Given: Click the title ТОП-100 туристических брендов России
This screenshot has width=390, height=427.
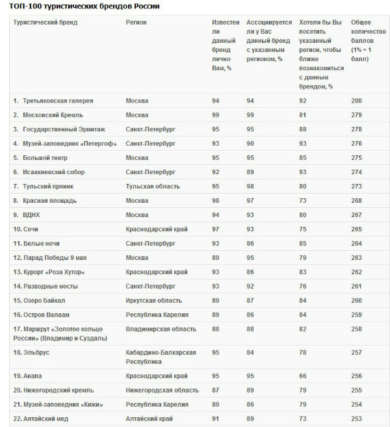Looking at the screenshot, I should click(84, 6).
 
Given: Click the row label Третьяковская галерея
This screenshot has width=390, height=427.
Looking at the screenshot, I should click(58, 101).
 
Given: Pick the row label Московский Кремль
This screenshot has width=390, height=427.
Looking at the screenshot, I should click(54, 115).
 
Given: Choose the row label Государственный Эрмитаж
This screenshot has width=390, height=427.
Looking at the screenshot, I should click(64, 129).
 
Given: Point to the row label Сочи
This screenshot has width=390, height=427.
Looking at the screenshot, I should click(31, 229).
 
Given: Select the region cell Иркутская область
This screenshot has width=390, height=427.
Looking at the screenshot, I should click(153, 300).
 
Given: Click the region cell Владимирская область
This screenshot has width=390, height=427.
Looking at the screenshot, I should click(161, 330).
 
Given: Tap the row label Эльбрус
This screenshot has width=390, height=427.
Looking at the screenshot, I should click(36, 352).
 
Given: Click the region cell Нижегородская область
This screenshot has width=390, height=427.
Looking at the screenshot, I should click(162, 390).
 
